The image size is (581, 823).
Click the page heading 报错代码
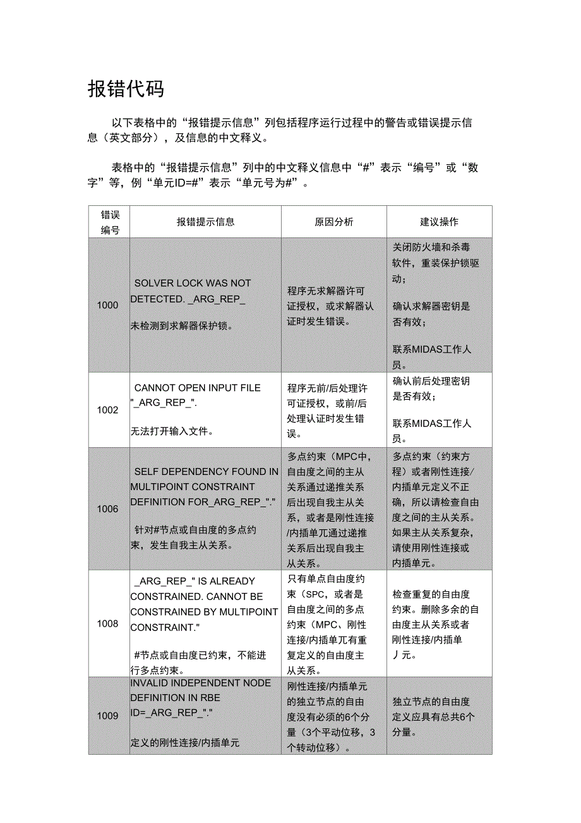coord(126,89)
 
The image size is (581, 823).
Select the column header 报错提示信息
coord(205,222)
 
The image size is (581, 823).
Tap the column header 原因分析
coord(333,222)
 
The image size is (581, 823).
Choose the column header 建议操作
coord(439,222)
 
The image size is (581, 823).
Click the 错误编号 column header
coord(110,222)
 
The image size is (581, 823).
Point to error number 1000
coord(107,305)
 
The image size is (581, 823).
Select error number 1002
coord(107,410)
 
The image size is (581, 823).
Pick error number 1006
coord(107,509)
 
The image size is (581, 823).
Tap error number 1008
coord(107,624)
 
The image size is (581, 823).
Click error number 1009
coord(107,716)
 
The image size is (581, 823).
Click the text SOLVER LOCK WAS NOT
coord(193,283)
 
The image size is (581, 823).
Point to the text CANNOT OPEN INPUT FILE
coord(197,388)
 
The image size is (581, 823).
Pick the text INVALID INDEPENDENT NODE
coord(201,683)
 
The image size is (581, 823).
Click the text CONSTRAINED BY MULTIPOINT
coord(204,611)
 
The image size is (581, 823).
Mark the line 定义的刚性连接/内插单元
coord(185,743)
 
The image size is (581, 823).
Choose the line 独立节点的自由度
coord(431,702)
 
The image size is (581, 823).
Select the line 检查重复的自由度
coord(431,594)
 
